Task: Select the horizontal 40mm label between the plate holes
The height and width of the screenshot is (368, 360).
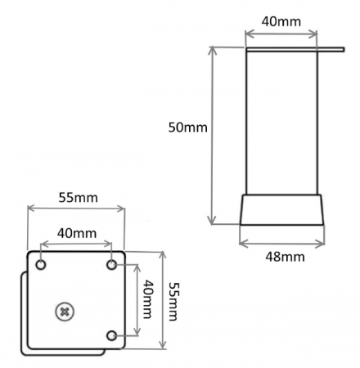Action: click(x=75, y=232)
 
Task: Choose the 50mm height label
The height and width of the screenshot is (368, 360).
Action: click(x=187, y=128)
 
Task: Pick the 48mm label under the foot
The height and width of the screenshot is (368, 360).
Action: click(x=282, y=257)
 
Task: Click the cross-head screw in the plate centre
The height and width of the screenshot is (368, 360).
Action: click(x=64, y=311)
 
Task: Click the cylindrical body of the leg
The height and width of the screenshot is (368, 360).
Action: click(x=282, y=123)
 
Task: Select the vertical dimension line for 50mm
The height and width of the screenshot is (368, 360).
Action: click(x=214, y=135)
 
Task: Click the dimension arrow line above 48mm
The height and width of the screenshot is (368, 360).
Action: click(x=282, y=242)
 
